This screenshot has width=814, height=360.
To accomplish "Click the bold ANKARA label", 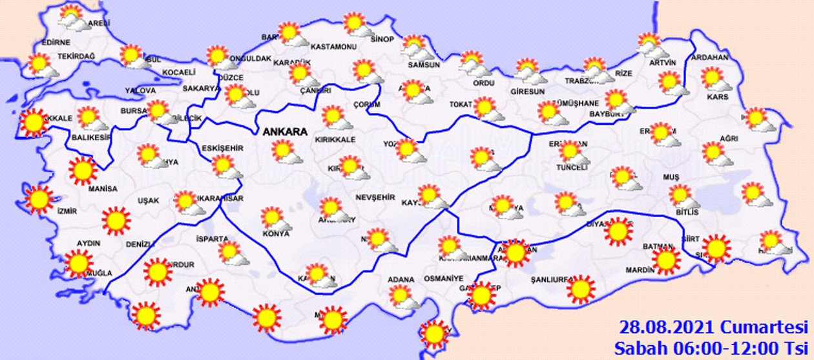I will [x=284, y=132].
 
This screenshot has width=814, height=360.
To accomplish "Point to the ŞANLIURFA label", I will [x=548, y=279].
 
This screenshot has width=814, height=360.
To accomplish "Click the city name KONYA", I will [x=275, y=233].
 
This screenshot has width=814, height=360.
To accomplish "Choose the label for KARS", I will [x=718, y=97].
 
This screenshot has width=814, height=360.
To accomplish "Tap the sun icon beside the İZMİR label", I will [x=39, y=200].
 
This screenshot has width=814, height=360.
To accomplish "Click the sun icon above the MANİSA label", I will [x=83, y=170].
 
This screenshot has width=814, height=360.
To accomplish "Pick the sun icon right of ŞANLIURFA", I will [x=580, y=289].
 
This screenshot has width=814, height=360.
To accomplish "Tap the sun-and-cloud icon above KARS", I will [x=713, y=79].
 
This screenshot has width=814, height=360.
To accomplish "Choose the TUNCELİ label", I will [x=570, y=167].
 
